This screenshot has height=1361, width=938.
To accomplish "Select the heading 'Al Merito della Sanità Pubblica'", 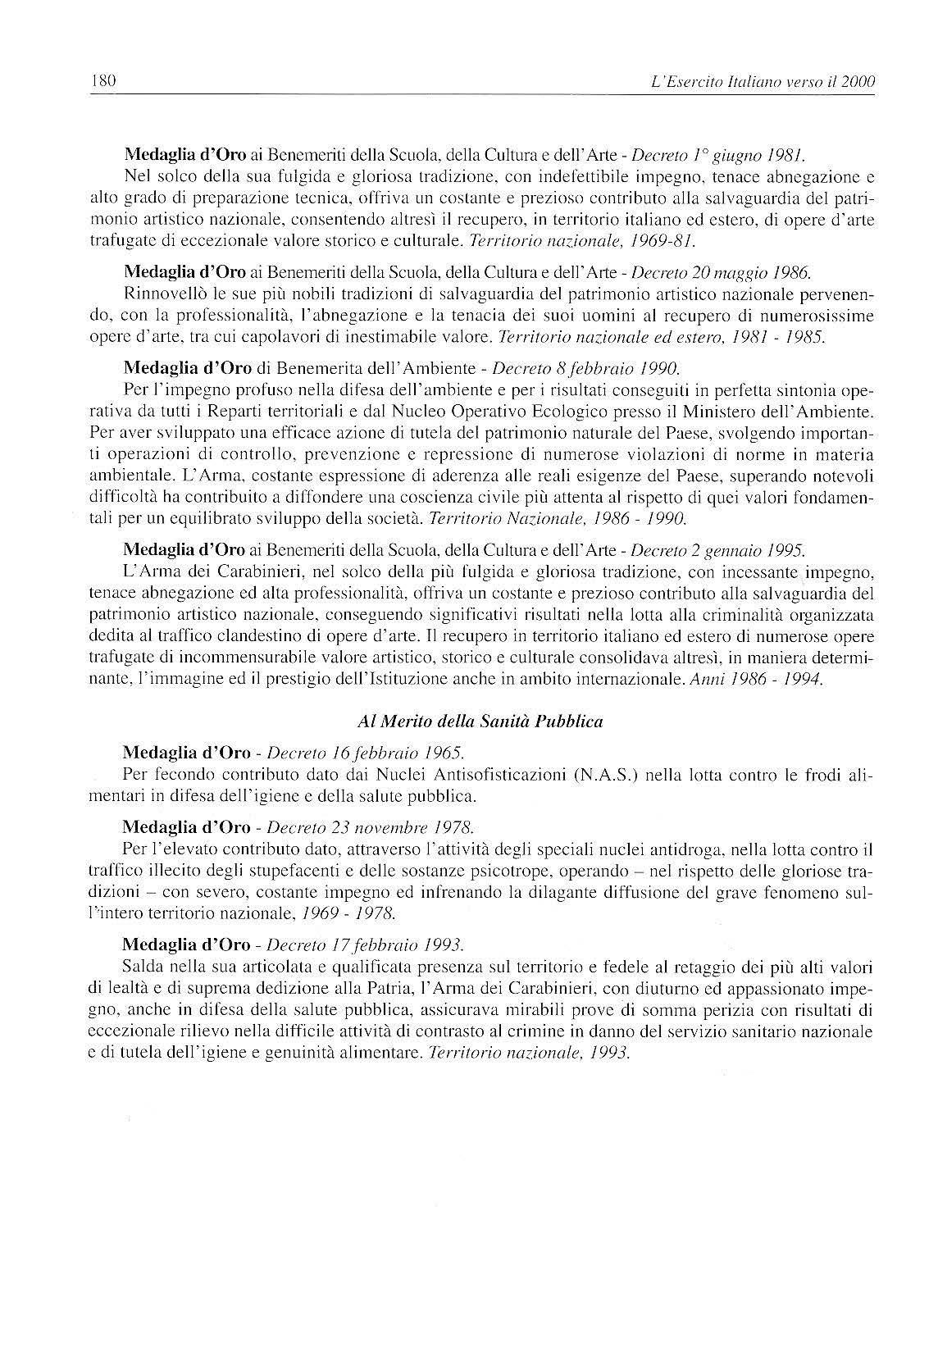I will (480, 721).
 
